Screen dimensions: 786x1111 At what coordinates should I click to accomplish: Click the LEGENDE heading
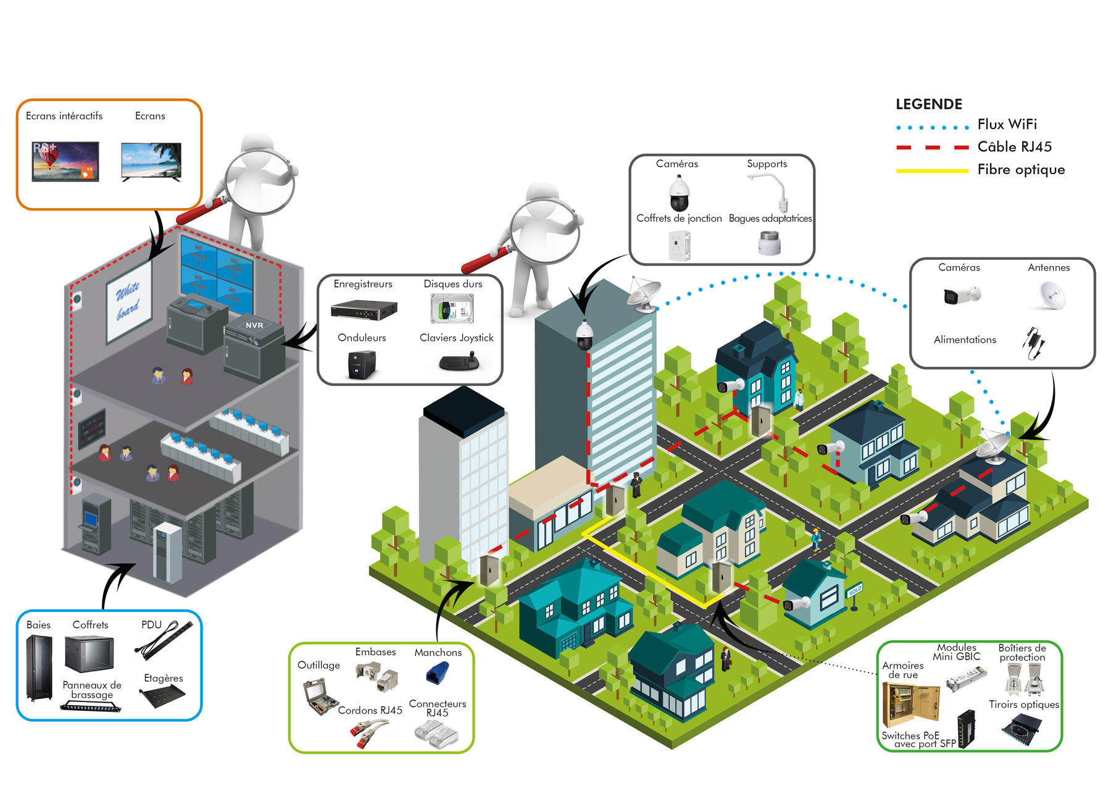click(928, 104)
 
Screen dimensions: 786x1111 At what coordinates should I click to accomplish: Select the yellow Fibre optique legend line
click(932, 170)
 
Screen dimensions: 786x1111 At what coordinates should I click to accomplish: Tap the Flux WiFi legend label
click(1007, 125)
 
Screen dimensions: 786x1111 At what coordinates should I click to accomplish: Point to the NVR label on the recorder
click(254, 325)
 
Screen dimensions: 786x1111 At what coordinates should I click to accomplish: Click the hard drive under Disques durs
click(452, 308)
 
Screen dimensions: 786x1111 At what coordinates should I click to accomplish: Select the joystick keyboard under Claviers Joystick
click(459, 362)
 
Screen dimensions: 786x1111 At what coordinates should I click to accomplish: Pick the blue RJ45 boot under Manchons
click(437, 672)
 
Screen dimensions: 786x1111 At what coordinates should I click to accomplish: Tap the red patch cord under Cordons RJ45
click(368, 734)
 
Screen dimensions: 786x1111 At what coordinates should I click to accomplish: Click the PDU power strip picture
click(164, 640)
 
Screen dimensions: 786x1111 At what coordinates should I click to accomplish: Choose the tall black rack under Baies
click(39, 668)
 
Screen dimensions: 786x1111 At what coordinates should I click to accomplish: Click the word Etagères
click(163, 678)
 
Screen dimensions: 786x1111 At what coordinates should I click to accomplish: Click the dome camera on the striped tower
click(584, 336)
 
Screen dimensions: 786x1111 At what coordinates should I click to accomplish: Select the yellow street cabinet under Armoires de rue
click(910, 704)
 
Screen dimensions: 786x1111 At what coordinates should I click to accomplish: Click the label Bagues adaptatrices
click(770, 219)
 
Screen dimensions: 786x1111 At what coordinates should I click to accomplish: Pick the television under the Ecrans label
click(151, 161)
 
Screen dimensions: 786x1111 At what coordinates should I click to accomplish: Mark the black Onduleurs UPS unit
click(362, 364)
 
